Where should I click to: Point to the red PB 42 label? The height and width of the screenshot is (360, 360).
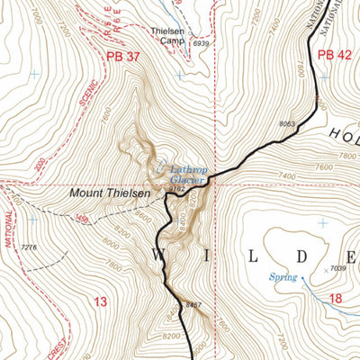click(334, 55)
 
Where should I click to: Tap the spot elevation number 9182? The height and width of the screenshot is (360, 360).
click(175, 190)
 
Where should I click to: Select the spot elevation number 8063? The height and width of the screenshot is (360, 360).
click(287, 124)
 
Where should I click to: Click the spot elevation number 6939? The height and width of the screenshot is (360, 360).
click(200, 43)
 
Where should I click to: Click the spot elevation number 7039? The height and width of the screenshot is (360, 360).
click(337, 269)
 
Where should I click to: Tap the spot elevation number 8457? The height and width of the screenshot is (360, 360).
click(193, 307)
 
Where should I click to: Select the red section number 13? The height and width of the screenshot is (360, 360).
click(99, 303)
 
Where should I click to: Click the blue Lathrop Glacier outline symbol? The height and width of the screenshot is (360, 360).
click(160, 166)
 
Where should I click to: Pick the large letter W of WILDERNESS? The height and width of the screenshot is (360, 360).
click(158, 256)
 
